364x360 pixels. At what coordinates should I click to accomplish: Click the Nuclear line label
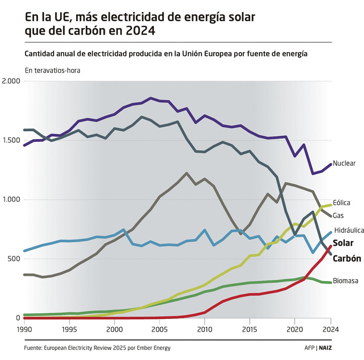coord(344,163)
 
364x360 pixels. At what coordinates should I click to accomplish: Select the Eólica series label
coord(341,203)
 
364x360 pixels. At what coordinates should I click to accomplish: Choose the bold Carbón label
coord(347,259)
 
